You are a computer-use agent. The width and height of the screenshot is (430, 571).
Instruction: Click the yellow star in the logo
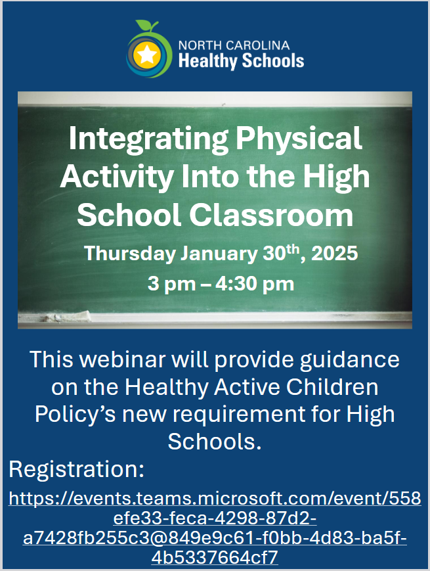(148, 55)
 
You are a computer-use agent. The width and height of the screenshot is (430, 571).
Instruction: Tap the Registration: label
(76, 470)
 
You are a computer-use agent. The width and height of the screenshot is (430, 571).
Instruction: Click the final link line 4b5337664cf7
(215, 558)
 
